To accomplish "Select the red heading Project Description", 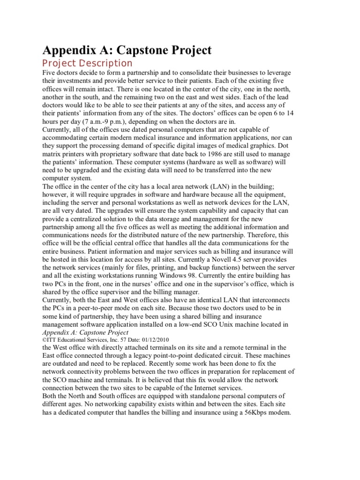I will [87, 63].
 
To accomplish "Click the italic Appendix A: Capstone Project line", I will [86, 332].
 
